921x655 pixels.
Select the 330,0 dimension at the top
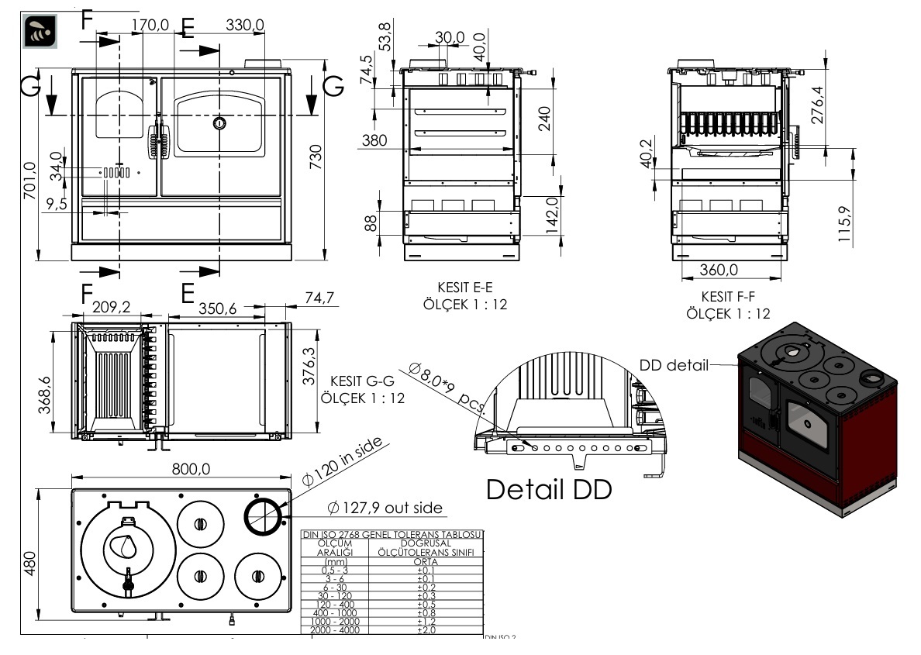coord(245,26)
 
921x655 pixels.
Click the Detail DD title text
coord(549,490)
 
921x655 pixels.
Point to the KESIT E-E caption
coord(465,287)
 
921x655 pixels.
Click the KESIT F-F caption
coord(728,296)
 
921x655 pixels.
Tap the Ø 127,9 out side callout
coord(385,508)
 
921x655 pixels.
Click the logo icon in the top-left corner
coord(38,30)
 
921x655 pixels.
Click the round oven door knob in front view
coord(219,122)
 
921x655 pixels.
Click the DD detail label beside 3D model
coord(674,365)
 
